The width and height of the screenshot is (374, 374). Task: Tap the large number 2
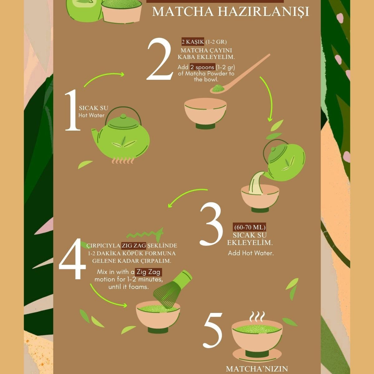coord(160,59)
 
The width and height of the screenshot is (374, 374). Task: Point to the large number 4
coord(72,259)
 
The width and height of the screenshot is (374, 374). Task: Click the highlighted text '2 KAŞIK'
coord(193,42)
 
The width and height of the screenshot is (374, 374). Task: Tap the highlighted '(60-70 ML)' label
coord(250,227)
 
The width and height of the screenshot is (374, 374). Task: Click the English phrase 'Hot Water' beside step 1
coord(91,116)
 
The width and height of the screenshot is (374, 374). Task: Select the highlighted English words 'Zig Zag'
coord(148,272)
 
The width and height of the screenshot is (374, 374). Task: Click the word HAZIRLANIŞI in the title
coord(263,12)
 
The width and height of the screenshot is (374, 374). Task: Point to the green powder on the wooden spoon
coord(218,88)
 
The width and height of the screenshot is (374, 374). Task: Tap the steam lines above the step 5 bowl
coord(257,317)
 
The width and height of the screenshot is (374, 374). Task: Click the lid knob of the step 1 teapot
coord(123,116)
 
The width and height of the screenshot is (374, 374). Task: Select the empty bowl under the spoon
coord(205,113)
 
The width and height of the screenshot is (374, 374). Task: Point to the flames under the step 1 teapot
coord(123,161)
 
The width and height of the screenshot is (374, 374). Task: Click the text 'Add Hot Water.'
coord(251,253)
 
